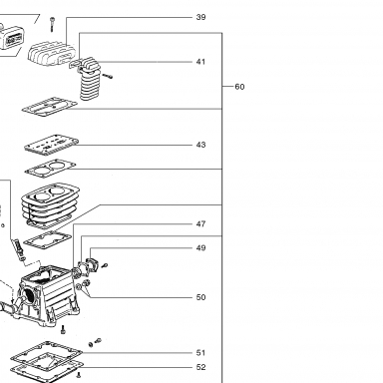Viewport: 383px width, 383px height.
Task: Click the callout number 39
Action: coord(200,17)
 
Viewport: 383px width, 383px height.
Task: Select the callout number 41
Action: coord(200,62)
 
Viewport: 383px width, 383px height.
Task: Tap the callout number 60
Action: coord(239,87)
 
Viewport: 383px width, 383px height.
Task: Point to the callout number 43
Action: coord(200,145)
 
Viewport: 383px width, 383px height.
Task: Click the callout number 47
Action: coord(200,224)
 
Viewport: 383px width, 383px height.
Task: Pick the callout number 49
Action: coord(200,248)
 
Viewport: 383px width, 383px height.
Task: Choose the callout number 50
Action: coord(200,297)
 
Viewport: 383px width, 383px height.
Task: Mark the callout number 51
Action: coord(200,353)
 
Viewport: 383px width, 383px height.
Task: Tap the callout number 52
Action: coord(200,367)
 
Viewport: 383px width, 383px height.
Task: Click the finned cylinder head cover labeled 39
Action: coord(53,54)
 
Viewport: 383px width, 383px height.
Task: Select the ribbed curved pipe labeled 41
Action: coord(89,79)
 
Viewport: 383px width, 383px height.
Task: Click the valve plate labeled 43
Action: coord(52,145)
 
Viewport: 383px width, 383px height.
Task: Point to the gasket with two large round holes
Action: coord(50,168)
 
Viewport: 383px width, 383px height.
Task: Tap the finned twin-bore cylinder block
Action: coord(50,203)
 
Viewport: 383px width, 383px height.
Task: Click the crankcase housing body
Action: coord(47,296)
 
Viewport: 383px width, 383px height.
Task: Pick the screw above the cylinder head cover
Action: coord(52,24)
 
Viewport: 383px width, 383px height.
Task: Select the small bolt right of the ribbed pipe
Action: coord(108,76)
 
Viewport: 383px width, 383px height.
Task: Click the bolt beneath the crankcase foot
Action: coord(63,330)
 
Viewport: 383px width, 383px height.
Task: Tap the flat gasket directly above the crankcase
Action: coord(47,240)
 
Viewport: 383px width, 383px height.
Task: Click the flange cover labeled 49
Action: coord(92,264)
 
